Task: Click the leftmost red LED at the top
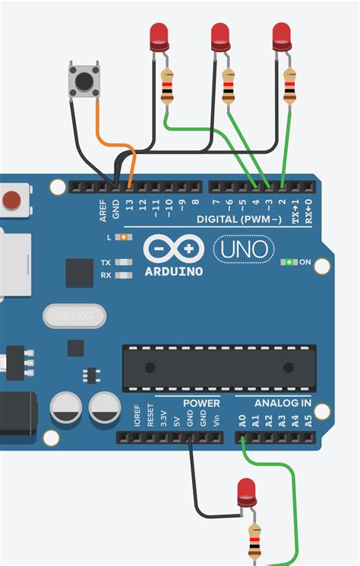tap(159, 34)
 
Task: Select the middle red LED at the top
tap(220, 34)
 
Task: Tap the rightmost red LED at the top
tap(281, 34)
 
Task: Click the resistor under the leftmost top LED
tap(167, 86)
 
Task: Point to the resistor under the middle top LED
tap(229, 86)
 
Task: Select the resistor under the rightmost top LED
tap(290, 86)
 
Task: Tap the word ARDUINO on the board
tap(173, 271)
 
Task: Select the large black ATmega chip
tap(219, 368)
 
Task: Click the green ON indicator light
tap(289, 262)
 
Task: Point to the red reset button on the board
tap(11, 201)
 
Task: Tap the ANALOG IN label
tap(283, 403)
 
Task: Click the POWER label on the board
tap(201, 403)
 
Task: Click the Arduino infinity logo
tap(173, 248)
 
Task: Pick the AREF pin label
tap(103, 210)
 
